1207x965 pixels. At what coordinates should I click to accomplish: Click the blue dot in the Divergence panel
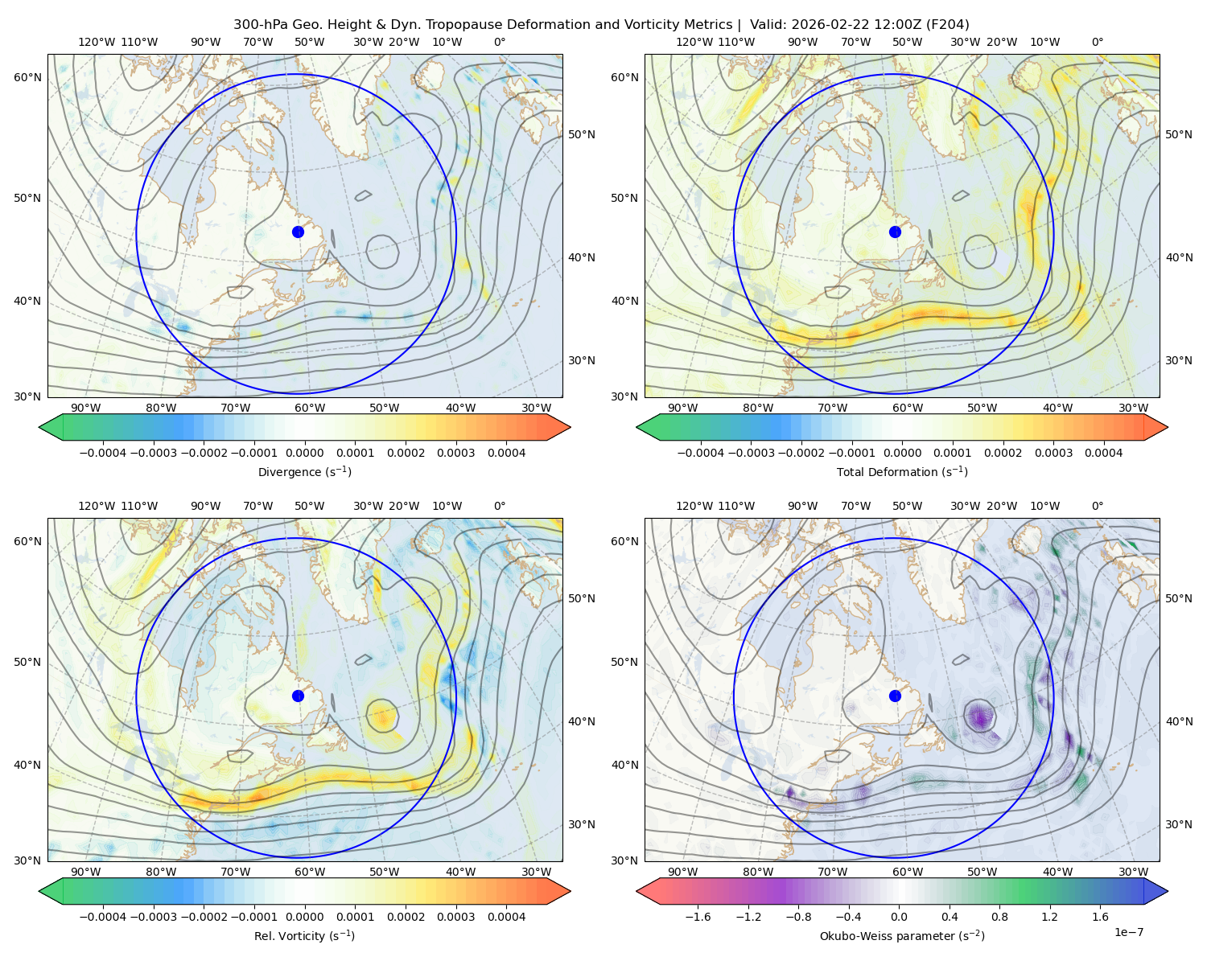(x=298, y=232)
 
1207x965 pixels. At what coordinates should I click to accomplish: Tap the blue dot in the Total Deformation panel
(x=895, y=232)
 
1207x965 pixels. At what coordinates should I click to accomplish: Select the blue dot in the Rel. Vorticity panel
(x=298, y=696)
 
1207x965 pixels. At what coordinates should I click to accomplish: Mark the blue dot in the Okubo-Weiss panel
(x=895, y=696)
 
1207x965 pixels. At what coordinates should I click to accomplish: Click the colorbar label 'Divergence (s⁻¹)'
(x=304, y=472)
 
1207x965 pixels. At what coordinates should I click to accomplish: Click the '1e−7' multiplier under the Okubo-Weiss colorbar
(x=1128, y=932)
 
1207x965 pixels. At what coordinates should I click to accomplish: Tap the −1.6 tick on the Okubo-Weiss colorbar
(x=698, y=917)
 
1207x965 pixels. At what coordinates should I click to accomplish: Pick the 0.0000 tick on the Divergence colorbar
(x=304, y=453)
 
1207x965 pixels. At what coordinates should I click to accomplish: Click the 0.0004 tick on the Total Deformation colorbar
(x=1103, y=453)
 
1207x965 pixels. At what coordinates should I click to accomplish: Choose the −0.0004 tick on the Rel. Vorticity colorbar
(x=103, y=917)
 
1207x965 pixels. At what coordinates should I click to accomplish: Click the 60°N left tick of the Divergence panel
(x=27, y=77)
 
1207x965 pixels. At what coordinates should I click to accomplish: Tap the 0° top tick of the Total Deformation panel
(x=1097, y=42)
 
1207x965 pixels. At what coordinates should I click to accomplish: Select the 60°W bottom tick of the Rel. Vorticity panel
(x=310, y=872)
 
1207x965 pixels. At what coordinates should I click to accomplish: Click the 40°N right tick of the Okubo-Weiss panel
(x=1179, y=721)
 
